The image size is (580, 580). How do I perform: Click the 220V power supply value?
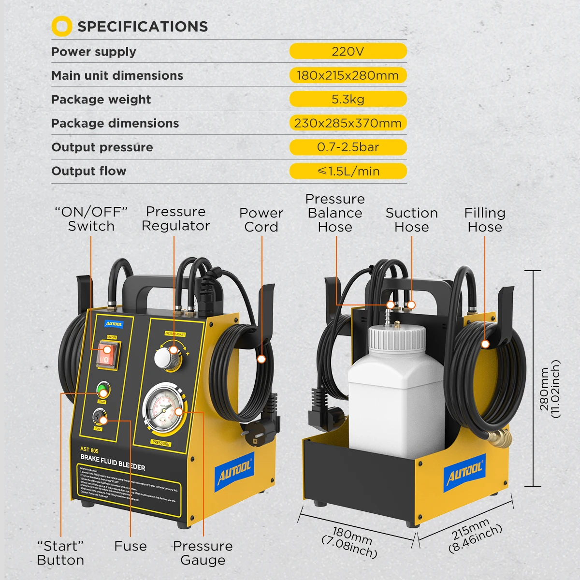(348, 51)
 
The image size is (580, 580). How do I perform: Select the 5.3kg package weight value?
(348, 99)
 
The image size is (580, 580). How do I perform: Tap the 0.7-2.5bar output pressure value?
(348, 147)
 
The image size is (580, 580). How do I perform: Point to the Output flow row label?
(89, 171)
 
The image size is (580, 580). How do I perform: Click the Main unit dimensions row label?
(117, 75)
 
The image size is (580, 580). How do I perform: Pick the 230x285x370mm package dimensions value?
(348, 123)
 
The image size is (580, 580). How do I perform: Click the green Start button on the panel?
(102, 390)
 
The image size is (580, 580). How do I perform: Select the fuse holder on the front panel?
(100, 417)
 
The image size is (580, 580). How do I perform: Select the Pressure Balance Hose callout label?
(335, 213)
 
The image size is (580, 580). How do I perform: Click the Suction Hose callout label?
(411, 220)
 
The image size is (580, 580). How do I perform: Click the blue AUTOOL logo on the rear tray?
(464, 474)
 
